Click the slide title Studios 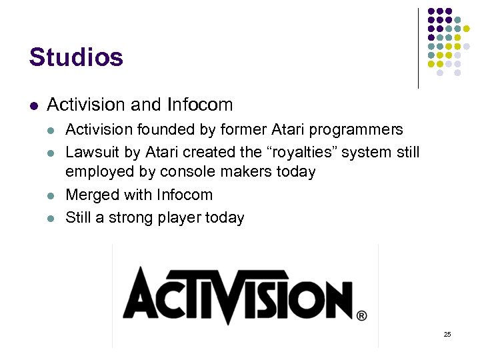coord(76,57)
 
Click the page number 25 coord(447,334)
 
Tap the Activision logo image coord(244,295)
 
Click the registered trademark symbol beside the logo coord(361,315)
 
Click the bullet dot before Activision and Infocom coord(33,105)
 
